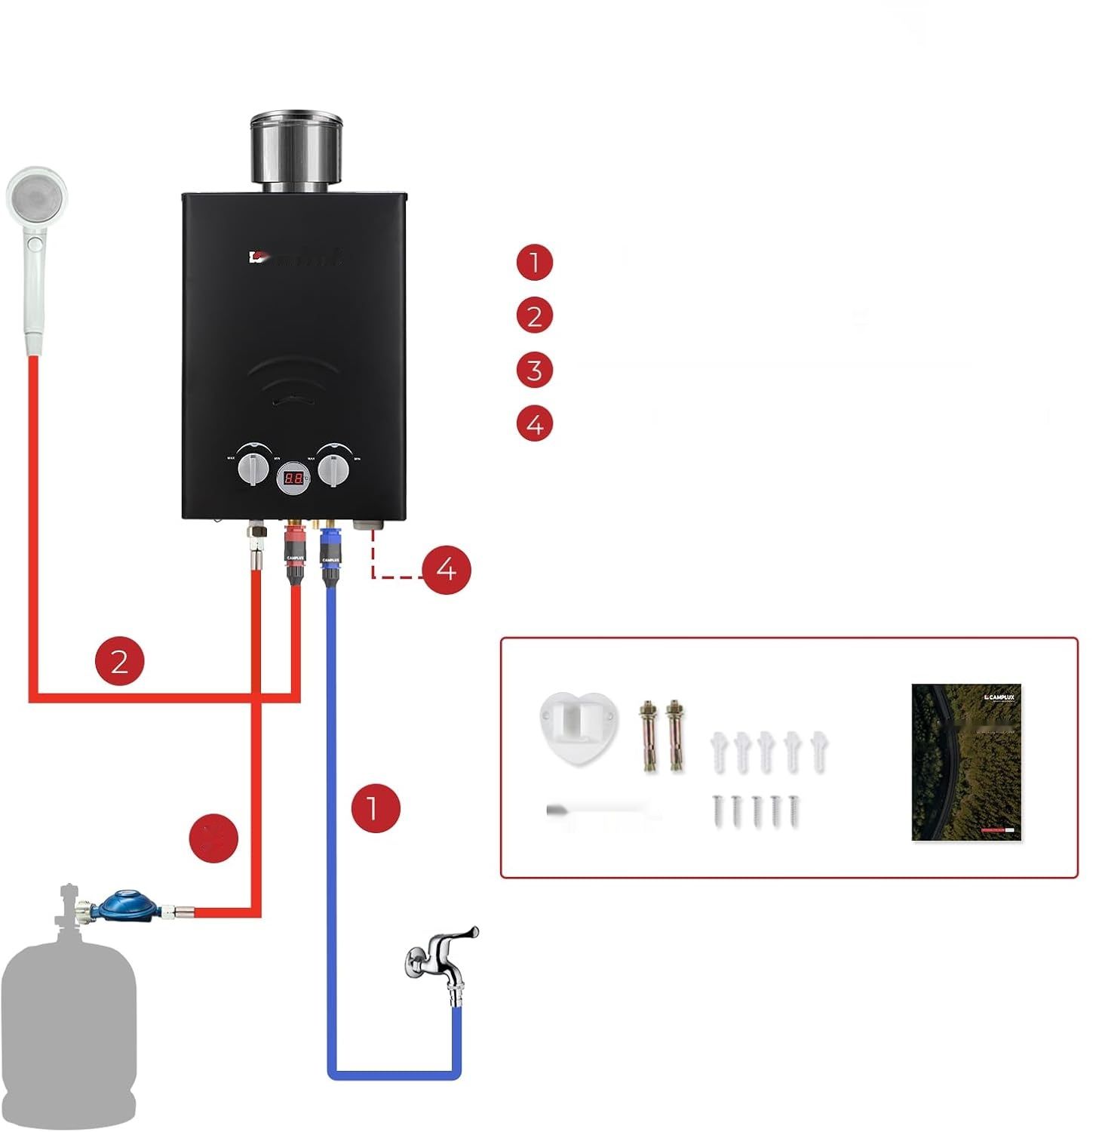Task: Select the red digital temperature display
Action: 294,478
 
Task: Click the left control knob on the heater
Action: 253,469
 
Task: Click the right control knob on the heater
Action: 333,469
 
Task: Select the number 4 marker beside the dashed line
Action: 446,569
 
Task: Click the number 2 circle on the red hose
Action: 119,661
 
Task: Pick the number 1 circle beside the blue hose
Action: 375,807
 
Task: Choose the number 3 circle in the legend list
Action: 534,371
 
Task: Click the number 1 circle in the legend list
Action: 534,263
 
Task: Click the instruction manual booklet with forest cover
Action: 966,762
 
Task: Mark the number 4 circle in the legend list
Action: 534,424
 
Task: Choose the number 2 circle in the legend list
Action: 534,316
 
